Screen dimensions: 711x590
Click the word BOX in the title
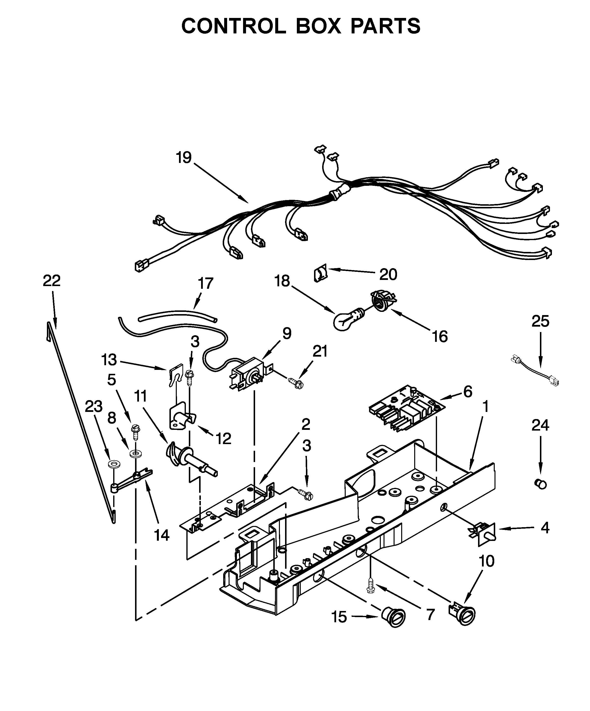pos(318,26)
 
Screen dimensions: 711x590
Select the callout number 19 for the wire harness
pos(184,158)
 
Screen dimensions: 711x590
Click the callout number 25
pos(540,321)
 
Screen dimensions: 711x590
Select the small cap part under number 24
pos(540,484)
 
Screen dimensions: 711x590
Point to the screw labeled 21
pos(295,382)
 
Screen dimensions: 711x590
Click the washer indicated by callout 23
pos(111,464)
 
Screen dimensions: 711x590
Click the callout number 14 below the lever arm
pos(162,535)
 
